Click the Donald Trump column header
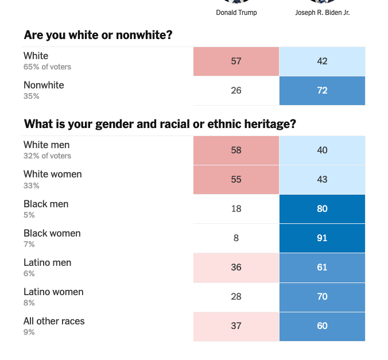(x=236, y=13)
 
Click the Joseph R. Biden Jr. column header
(x=322, y=13)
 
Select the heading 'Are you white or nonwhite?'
(x=98, y=35)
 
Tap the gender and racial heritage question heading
(x=160, y=124)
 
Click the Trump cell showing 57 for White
(x=236, y=61)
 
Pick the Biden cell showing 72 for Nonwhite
(x=322, y=90)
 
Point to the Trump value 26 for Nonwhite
(x=236, y=90)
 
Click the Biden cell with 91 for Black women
(x=322, y=238)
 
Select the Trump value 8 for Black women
(x=236, y=238)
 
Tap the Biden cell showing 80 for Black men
(x=322, y=208)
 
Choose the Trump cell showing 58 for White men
(x=236, y=150)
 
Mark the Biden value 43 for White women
(x=322, y=179)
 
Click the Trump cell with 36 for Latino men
(x=236, y=267)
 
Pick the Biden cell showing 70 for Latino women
(x=322, y=296)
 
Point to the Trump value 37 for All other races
(x=236, y=326)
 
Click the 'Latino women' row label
(x=53, y=292)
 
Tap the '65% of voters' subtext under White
(x=47, y=67)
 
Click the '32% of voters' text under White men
(x=47, y=156)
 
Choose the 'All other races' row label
(x=54, y=321)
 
